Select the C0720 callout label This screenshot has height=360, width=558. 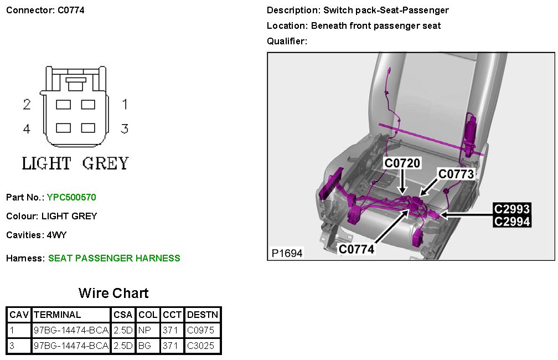(x=402, y=163)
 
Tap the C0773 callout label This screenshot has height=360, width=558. (x=456, y=174)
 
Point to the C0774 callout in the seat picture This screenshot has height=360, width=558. (x=356, y=249)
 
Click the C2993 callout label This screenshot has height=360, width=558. (x=512, y=209)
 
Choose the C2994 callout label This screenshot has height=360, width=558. (x=512, y=222)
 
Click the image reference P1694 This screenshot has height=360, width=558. (x=287, y=253)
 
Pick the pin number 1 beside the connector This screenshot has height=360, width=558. (x=125, y=104)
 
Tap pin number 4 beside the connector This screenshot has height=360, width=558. (x=27, y=129)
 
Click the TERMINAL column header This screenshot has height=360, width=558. (x=58, y=315)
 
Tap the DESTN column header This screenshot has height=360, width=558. (x=203, y=315)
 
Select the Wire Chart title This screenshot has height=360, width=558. (x=113, y=293)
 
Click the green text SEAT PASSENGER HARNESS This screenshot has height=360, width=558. (x=114, y=258)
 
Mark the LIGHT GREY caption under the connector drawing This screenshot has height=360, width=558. (x=75, y=163)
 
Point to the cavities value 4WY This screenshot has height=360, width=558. (x=56, y=235)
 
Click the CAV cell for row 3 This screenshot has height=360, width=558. (x=13, y=347)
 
